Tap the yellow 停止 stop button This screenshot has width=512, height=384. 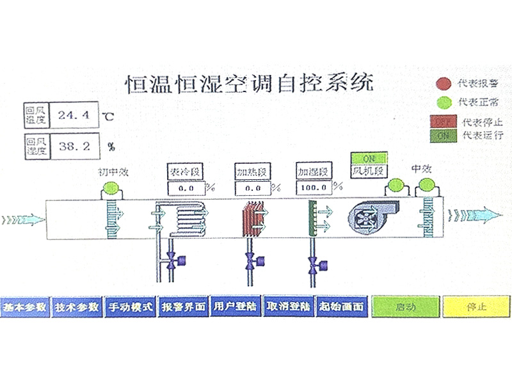[x=474, y=307]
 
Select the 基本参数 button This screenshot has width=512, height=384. [x=24, y=307]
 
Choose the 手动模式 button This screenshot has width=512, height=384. [x=131, y=307]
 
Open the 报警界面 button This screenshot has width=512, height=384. [x=184, y=307]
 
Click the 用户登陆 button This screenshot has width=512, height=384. [x=236, y=307]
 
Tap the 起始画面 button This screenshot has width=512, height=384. [x=342, y=307]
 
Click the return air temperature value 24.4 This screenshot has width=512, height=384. [x=73, y=115]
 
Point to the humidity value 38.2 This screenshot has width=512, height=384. [x=73, y=146]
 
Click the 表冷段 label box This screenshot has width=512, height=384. [x=185, y=172]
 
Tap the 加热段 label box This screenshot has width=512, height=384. [x=252, y=172]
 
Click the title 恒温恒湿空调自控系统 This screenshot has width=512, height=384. [x=247, y=83]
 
